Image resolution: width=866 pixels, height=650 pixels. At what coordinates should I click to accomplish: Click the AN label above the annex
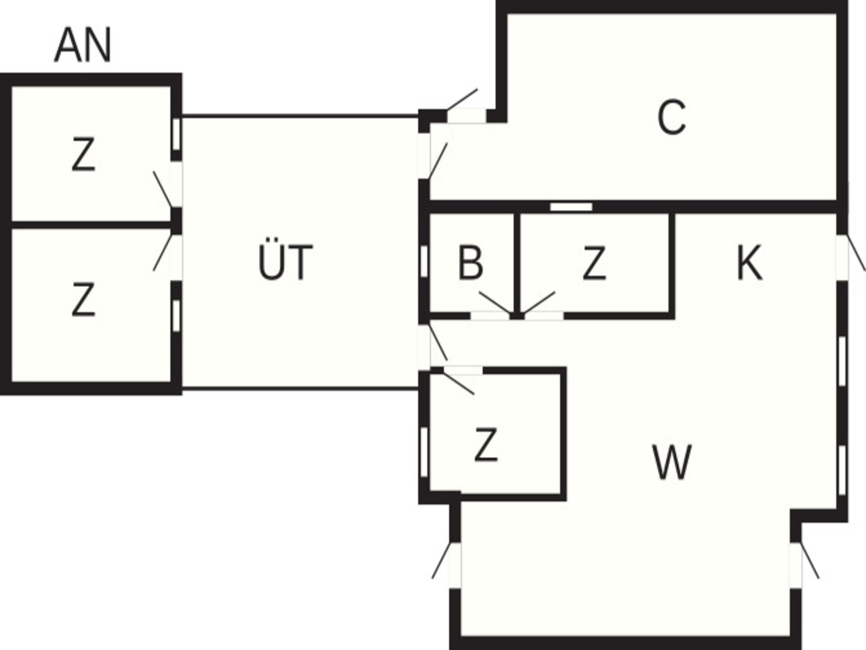click(x=83, y=45)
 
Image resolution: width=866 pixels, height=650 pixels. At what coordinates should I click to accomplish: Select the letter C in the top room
click(x=672, y=117)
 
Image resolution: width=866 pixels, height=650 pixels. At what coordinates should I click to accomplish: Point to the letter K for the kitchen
click(x=749, y=263)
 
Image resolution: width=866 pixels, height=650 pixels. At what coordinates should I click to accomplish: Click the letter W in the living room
click(x=672, y=462)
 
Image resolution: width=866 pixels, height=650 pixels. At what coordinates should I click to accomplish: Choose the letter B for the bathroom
click(x=470, y=263)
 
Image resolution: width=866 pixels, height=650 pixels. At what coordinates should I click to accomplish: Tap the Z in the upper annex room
click(x=83, y=155)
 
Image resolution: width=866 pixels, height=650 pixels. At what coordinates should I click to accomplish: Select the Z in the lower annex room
click(x=83, y=299)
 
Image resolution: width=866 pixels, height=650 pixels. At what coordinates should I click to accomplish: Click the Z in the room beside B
click(x=594, y=263)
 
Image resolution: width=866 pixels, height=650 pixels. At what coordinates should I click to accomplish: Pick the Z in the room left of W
click(x=486, y=445)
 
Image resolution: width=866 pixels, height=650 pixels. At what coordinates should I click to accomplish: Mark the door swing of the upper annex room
click(x=162, y=189)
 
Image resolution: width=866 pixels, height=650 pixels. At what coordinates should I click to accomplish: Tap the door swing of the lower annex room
click(x=163, y=252)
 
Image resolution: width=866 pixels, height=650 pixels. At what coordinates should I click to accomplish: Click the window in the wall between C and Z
click(x=571, y=207)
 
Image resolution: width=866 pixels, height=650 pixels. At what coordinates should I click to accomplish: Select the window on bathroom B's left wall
click(x=424, y=261)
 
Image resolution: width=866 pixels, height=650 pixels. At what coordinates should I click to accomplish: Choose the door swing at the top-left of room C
click(x=462, y=99)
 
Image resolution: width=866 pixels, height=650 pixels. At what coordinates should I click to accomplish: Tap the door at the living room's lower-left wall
click(x=441, y=561)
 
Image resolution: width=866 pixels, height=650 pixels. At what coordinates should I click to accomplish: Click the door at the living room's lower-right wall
click(x=810, y=561)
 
